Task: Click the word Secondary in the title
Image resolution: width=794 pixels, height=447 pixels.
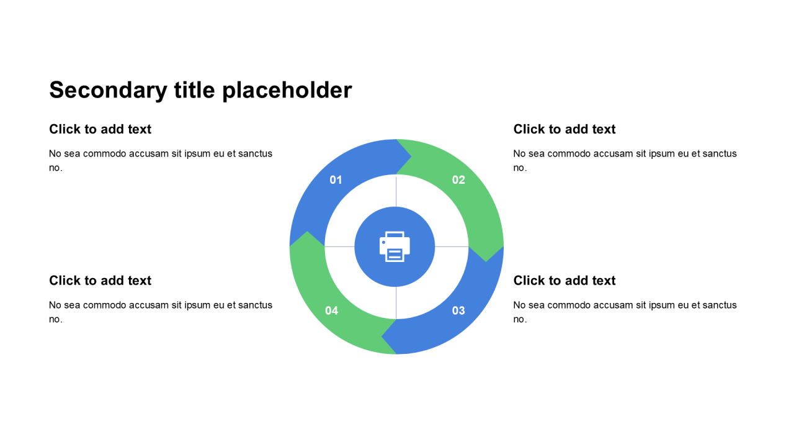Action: pyautogui.click(x=108, y=91)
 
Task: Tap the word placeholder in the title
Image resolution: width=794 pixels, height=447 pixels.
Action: pyautogui.click(x=287, y=91)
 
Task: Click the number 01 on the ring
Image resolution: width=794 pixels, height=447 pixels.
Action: pyautogui.click(x=336, y=180)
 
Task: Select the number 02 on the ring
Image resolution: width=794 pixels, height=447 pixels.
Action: pyautogui.click(x=458, y=180)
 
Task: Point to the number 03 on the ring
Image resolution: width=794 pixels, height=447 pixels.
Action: pyautogui.click(x=458, y=310)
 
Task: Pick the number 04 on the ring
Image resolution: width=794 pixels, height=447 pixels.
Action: pyautogui.click(x=331, y=310)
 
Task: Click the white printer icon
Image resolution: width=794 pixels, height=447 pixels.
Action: pyautogui.click(x=395, y=246)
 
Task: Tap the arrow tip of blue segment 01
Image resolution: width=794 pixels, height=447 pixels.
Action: pyautogui.click(x=411, y=156)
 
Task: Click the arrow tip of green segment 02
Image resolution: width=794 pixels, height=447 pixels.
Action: pyautogui.click(x=486, y=262)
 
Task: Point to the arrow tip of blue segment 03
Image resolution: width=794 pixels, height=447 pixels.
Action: pyautogui.click(x=381, y=336)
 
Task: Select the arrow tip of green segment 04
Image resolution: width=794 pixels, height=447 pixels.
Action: pyautogui.click(x=307, y=232)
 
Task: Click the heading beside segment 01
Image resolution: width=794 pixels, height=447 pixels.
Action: pyautogui.click(x=100, y=129)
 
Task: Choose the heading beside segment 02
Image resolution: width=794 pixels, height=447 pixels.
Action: pyautogui.click(x=564, y=129)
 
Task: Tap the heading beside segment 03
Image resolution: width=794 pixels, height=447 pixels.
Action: pyautogui.click(x=564, y=281)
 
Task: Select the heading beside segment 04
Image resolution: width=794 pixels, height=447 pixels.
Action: pyautogui.click(x=100, y=281)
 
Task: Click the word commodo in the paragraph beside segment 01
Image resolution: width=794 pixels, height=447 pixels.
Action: pyautogui.click(x=105, y=153)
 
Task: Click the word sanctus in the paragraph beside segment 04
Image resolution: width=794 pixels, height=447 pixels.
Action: pyautogui.click(x=255, y=305)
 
